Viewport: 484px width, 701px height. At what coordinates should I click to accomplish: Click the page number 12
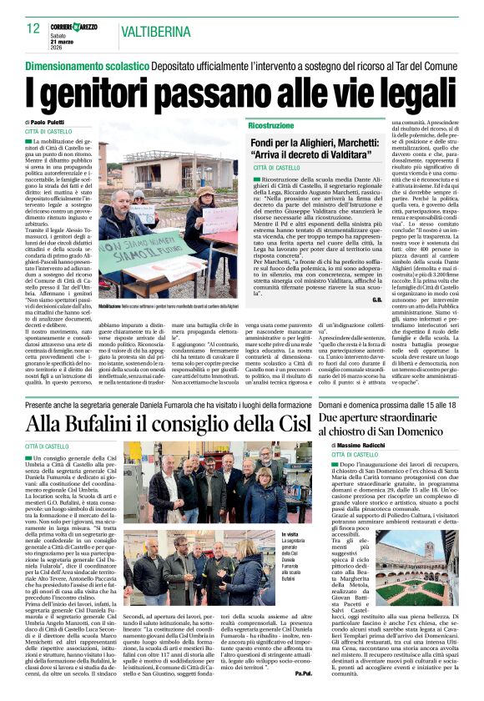tap(33, 29)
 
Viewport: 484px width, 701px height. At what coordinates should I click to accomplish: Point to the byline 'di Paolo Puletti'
tap(49, 123)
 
